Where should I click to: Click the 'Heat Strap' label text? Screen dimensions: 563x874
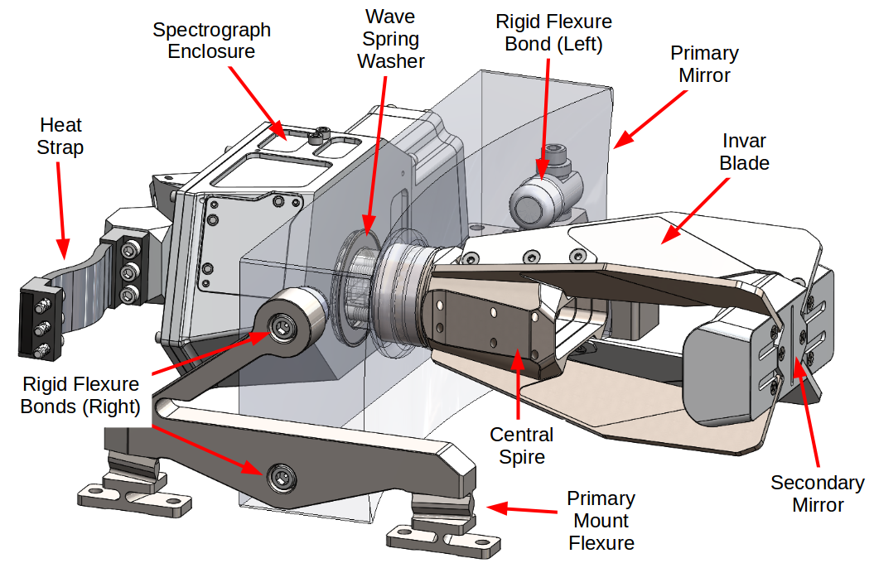pyautogui.click(x=61, y=137)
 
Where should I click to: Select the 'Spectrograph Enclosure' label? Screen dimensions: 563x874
pyautogui.click(x=212, y=41)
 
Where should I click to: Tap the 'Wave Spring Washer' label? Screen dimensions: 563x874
pyautogui.click(x=390, y=39)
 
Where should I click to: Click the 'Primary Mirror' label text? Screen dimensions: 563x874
pyautogui.click(x=704, y=64)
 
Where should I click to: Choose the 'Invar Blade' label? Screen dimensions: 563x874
pyautogui.click(x=744, y=152)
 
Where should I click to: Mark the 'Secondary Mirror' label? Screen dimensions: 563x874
pyautogui.click(x=818, y=493)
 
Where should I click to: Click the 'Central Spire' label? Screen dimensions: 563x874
pyautogui.click(x=521, y=445)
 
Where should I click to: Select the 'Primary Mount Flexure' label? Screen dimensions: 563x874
pyautogui.click(x=601, y=521)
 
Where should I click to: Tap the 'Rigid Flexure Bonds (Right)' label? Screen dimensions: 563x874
pyautogui.click(x=80, y=395)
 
